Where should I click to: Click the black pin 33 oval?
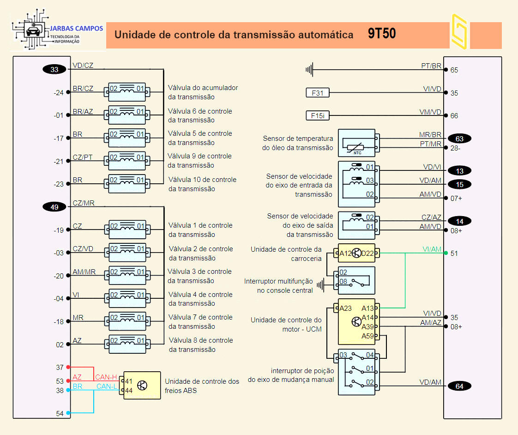point(54,70)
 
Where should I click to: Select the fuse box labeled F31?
point(318,93)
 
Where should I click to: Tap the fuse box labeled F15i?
point(318,116)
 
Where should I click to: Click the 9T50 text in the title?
point(382,34)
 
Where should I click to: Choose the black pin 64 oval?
point(459,387)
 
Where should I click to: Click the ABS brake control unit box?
point(142,386)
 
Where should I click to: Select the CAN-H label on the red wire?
point(106,377)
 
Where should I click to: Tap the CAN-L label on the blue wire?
point(106,387)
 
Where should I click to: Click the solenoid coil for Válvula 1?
point(127,227)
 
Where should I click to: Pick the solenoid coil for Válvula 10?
point(127,180)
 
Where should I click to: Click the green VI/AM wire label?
point(432,249)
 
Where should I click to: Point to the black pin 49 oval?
point(54,207)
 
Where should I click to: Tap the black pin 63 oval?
point(459,139)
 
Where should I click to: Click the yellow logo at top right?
point(459,31)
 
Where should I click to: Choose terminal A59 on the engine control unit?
point(368,336)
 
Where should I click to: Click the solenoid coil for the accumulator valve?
point(127,89)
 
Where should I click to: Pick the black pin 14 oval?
point(459,221)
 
